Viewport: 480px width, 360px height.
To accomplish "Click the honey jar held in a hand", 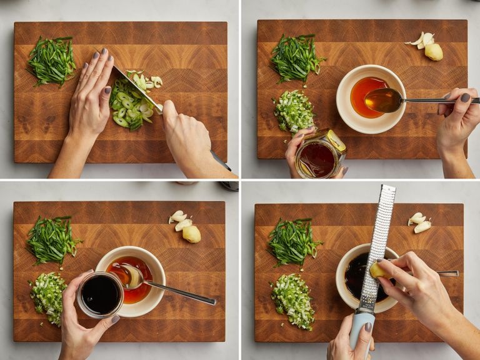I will [318, 156].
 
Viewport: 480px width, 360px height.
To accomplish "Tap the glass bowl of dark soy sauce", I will [100, 294].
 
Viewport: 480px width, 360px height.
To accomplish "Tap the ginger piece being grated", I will [380, 270].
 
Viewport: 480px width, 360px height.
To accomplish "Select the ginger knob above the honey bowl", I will [433, 51].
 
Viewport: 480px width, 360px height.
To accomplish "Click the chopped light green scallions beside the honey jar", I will [294, 111].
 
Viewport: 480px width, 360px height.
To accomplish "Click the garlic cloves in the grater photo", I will [419, 222].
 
